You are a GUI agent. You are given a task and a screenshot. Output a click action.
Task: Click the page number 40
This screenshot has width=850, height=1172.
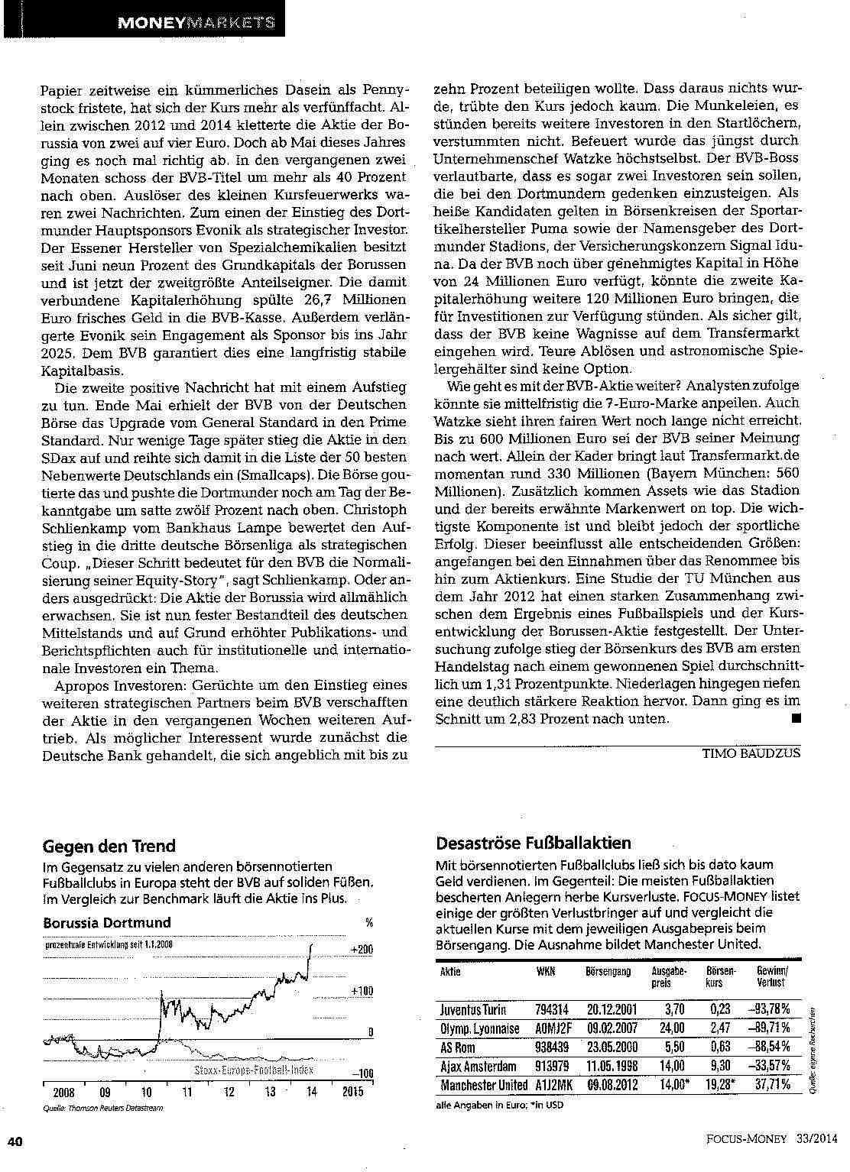tap(16, 1141)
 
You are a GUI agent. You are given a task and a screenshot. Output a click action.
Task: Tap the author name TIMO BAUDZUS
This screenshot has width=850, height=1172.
tap(751, 753)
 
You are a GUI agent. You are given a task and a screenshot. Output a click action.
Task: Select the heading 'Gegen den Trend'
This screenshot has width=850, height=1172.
tap(109, 846)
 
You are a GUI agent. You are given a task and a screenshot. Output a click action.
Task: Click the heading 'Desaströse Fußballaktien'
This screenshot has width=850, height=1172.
tap(534, 843)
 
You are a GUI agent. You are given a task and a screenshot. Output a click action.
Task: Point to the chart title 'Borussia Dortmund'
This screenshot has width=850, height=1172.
tap(107, 922)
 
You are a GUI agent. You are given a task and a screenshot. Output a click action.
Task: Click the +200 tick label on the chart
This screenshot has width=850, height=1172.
tap(362, 949)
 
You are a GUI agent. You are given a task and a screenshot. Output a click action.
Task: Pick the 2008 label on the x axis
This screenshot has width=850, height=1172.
tap(63, 1092)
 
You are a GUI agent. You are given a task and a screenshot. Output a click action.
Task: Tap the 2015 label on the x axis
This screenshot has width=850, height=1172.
tap(352, 1092)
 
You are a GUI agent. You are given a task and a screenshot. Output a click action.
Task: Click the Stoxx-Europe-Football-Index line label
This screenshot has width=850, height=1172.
tap(253, 1070)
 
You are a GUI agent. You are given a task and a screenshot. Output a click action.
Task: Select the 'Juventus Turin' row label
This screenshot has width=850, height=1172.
tap(473, 1009)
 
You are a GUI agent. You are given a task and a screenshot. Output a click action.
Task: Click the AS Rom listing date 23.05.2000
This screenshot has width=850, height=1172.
tap(608, 1047)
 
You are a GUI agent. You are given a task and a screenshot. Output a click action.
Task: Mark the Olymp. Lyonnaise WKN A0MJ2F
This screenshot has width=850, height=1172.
tap(552, 1028)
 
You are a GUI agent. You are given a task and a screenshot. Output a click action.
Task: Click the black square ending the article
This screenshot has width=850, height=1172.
tap(796, 717)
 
